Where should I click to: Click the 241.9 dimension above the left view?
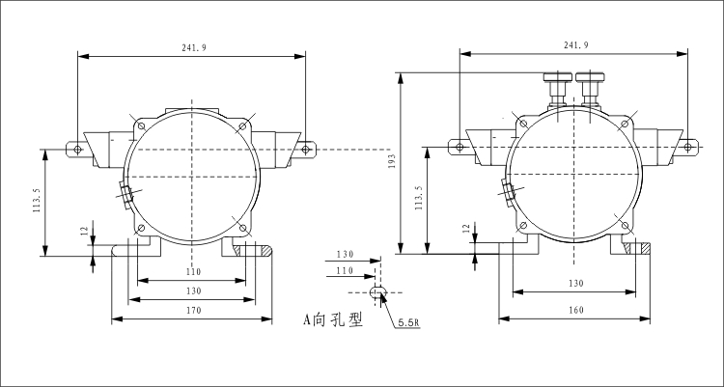tap(193, 47)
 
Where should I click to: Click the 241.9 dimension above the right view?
tap(575, 45)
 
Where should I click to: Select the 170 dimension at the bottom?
tap(192, 311)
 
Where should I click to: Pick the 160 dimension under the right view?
tap(575, 311)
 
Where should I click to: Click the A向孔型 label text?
tap(332, 319)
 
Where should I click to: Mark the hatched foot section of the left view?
tap(259, 249)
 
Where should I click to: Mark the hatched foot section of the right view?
tap(640, 248)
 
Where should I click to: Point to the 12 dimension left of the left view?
tap(84, 232)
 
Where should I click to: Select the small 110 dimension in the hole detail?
tap(345, 272)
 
